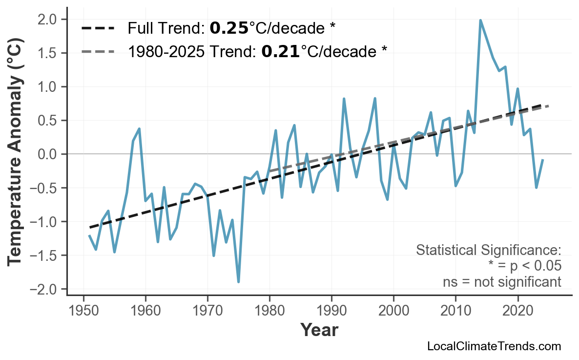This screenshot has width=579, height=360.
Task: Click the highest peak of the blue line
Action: click(480, 21)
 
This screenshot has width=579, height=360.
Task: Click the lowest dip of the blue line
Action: click(238, 282)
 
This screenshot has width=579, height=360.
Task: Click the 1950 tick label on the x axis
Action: click(83, 311)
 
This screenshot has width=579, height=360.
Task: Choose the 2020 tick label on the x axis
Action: click(517, 311)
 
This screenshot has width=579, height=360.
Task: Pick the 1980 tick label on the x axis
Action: click(269, 311)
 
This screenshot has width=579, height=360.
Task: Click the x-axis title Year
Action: click(319, 331)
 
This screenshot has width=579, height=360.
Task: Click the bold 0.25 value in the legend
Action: click(229, 28)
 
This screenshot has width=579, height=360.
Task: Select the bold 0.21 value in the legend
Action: click(280, 51)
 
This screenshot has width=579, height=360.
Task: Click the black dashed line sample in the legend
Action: click(98, 28)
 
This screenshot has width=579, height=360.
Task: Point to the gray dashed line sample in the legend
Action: click(98, 51)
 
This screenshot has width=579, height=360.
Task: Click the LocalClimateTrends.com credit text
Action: click(494, 347)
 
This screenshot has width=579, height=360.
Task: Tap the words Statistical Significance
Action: click(488, 250)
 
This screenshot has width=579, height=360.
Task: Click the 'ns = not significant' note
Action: click(502, 282)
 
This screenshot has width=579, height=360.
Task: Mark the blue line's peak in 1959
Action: click(139, 129)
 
